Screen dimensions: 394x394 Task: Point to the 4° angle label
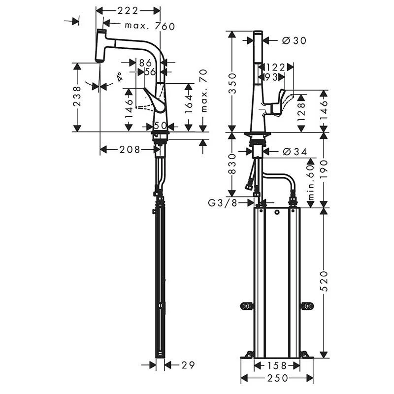[x=119, y=77]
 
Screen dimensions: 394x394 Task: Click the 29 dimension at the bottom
[x=188, y=365]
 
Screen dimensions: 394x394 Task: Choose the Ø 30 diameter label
[x=294, y=41]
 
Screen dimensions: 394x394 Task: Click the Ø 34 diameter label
[x=295, y=152]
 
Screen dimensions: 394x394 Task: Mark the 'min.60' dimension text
[x=311, y=182]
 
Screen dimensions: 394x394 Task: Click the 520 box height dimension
[x=324, y=280]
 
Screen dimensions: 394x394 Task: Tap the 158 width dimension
[x=277, y=365]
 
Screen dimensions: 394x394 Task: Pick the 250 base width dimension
[x=277, y=378]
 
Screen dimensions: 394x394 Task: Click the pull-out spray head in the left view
[x=102, y=46]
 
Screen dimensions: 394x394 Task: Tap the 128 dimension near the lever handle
[x=301, y=111]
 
